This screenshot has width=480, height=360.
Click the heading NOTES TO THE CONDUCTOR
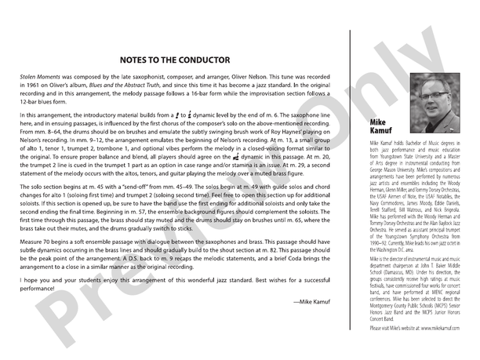(x=175, y=60)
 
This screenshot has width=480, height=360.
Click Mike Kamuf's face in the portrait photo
(x=429, y=89)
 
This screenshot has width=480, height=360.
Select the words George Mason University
(x=395, y=169)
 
